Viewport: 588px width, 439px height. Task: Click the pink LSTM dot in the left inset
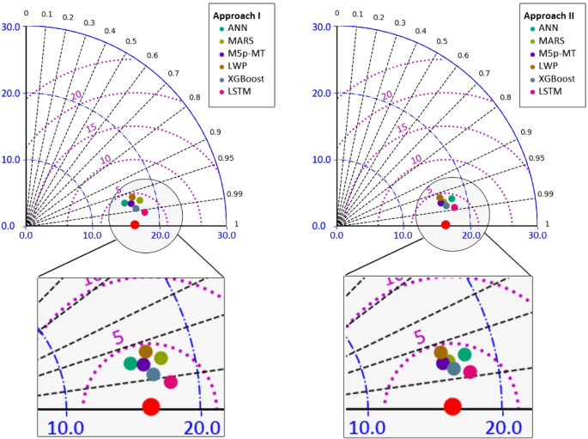point(170,381)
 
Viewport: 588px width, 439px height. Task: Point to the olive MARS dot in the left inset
point(161,357)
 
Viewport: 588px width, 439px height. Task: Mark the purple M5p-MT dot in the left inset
point(143,364)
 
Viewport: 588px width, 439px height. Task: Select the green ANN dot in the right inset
point(464,354)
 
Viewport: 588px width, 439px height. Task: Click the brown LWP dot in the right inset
point(441,352)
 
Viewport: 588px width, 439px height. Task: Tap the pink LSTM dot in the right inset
point(470,372)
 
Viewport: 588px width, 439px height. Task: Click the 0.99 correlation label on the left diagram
point(233,195)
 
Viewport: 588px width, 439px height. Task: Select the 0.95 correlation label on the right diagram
point(536,158)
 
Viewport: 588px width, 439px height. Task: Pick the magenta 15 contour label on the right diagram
point(400,128)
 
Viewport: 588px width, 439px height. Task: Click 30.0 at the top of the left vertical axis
point(10,27)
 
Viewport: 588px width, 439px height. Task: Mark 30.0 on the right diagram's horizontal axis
point(537,235)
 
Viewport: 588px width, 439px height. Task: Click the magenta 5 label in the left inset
point(119,338)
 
